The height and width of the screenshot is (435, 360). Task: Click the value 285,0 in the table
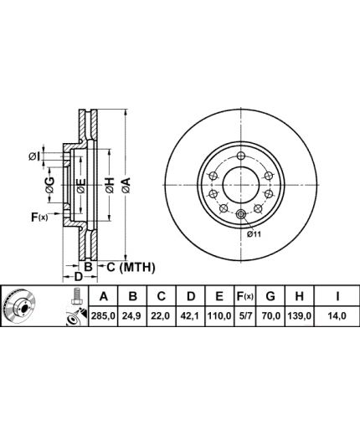(103, 316)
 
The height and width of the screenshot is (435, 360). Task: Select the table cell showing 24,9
(133, 316)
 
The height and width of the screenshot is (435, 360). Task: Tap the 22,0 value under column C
(161, 316)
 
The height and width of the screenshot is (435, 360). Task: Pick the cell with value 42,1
(190, 316)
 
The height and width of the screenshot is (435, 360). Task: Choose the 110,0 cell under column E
(219, 316)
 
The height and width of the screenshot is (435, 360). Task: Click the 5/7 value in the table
(244, 316)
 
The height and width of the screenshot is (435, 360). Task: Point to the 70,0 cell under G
(270, 316)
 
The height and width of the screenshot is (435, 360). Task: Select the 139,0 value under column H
(299, 316)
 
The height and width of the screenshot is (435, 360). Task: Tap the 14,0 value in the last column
(337, 316)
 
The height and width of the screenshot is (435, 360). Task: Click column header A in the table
(104, 296)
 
